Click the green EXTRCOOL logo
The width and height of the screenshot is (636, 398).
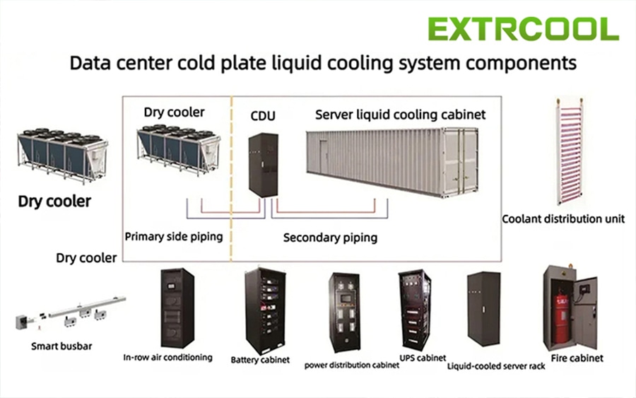[x=523, y=29]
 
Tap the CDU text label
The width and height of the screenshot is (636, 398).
[x=263, y=116]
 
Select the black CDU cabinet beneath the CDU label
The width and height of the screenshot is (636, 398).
[x=264, y=165]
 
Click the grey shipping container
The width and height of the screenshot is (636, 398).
[x=391, y=161]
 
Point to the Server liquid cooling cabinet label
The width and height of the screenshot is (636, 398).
[x=401, y=115]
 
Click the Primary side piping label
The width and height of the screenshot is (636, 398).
[x=174, y=237]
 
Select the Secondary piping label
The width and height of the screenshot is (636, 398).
[x=330, y=238]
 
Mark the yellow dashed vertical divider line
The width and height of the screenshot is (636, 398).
[x=231, y=179]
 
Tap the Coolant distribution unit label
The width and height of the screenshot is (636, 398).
[x=563, y=219]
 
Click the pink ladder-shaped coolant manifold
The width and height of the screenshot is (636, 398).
[x=570, y=151]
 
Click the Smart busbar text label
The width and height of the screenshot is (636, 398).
[x=61, y=346]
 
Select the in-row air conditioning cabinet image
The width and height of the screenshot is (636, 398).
[x=177, y=308]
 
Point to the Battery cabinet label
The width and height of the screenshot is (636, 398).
[x=260, y=360]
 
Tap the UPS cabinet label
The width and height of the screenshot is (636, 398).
[x=423, y=358]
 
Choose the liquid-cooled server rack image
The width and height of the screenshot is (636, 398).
[x=483, y=309]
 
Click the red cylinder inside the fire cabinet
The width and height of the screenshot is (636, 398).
[x=562, y=319]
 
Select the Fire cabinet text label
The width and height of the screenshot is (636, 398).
[x=577, y=358]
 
